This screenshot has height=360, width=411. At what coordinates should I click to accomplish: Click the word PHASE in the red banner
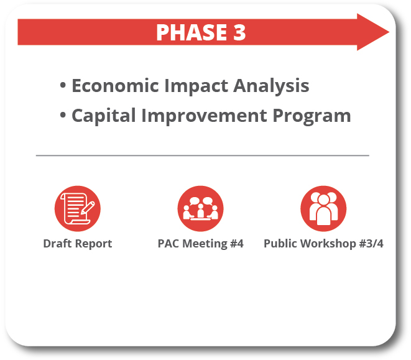[191, 32]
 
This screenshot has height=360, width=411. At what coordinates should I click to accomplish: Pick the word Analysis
[272, 86]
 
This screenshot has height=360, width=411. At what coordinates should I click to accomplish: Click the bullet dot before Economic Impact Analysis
[63, 85]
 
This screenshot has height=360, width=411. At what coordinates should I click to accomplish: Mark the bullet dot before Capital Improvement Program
[63, 115]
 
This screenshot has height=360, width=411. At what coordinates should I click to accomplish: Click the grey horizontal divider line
[202, 155]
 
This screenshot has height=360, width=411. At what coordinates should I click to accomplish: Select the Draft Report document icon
[78, 208]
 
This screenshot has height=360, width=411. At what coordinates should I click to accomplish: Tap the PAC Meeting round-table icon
[200, 208]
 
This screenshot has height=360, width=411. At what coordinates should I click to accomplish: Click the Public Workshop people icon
[323, 208]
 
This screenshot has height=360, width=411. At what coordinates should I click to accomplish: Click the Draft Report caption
[78, 244]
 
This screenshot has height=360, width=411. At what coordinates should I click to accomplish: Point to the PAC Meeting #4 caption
[200, 244]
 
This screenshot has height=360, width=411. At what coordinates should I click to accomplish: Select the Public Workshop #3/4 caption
[323, 244]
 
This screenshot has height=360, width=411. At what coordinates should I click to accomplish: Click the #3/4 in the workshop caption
[369, 244]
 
